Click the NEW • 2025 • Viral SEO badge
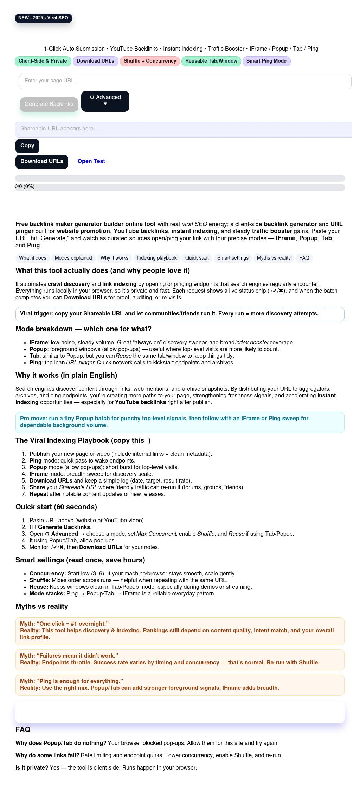click(x=43, y=18)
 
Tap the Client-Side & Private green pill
click(x=43, y=61)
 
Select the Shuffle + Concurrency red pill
click(x=150, y=61)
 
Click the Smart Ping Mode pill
click(x=266, y=61)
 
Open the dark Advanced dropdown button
click(x=105, y=101)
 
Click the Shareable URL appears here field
click(x=183, y=129)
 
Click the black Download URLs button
click(x=42, y=162)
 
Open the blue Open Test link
click(x=91, y=161)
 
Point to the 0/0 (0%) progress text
click(x=25, y=187)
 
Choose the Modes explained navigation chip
click(x=73, y=258)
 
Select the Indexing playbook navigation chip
click(x=157, y=258)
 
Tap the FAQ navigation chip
click(x=304, y=258)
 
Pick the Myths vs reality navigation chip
click(x=274, y=258)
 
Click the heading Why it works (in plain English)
click(x=66, y=376)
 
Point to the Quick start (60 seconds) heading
click(x=56, y=507)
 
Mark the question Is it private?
click(x=32, y=768)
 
